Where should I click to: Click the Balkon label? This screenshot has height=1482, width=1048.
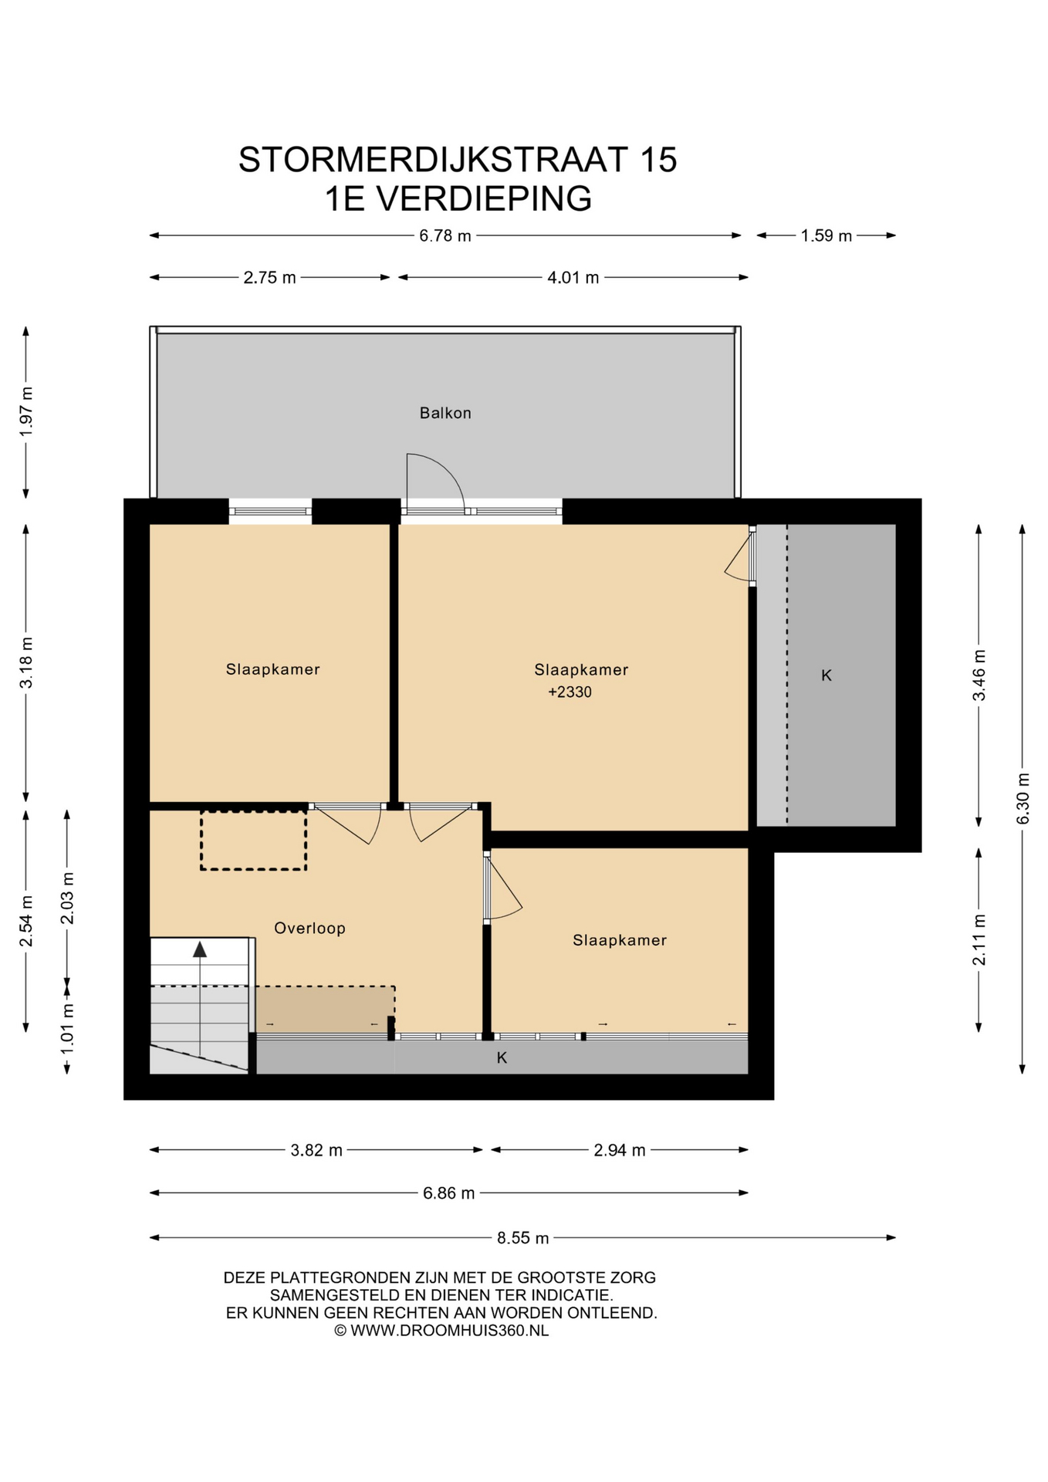(445, 413)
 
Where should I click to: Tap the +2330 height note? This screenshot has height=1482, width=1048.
(570, 692)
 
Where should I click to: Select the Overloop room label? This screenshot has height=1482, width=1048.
(309, 928)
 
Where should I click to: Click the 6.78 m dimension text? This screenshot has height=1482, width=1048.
(445, 235)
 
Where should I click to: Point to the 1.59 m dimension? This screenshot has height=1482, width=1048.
(827, 235)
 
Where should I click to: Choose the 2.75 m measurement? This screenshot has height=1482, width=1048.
(270, 277)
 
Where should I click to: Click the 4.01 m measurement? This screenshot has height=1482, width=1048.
(573, 277)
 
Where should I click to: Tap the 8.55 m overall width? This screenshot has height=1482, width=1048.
(523, 1238)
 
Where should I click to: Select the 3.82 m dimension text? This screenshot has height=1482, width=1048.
(316, 1150)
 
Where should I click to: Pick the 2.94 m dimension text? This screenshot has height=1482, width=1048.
(620, 1150)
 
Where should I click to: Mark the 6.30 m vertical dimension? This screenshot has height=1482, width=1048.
(1023, 798)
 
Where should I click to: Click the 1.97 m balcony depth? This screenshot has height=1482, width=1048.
(26, 411)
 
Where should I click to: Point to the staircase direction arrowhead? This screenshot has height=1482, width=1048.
(200, 949)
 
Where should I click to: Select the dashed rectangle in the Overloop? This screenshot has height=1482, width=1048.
(254, 840)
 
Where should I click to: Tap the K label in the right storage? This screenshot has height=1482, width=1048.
(827, 675)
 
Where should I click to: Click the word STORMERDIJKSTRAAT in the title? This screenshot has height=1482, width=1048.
(433, 160)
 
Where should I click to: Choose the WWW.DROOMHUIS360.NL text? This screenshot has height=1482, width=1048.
(450, 1330)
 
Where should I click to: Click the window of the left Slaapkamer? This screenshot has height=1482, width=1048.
(270, 511)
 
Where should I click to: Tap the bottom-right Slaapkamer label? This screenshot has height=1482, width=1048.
(620, 940)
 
